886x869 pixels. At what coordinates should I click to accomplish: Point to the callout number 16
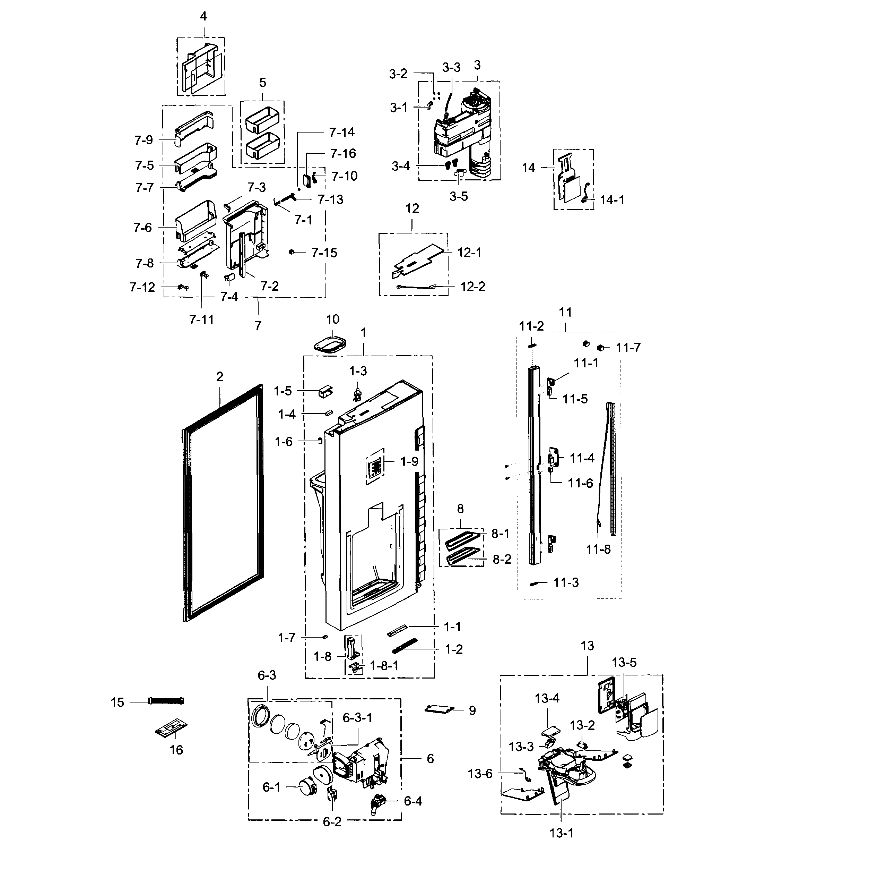176,750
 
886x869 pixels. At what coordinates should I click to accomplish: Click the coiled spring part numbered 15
166,701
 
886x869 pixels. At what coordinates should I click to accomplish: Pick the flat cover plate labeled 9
440,708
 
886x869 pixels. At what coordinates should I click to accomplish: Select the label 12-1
469,253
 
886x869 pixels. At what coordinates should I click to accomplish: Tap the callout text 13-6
480,774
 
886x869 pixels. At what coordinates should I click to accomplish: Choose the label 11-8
598,549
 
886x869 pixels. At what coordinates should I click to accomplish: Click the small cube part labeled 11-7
601,348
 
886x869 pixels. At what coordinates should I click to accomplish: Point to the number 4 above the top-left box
203,16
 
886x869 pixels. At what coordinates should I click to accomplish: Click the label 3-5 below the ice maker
458,196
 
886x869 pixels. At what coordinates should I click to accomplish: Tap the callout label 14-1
612,200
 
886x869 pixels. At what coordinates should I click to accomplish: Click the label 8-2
502,559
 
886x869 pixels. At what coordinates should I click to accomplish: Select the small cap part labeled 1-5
325,391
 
